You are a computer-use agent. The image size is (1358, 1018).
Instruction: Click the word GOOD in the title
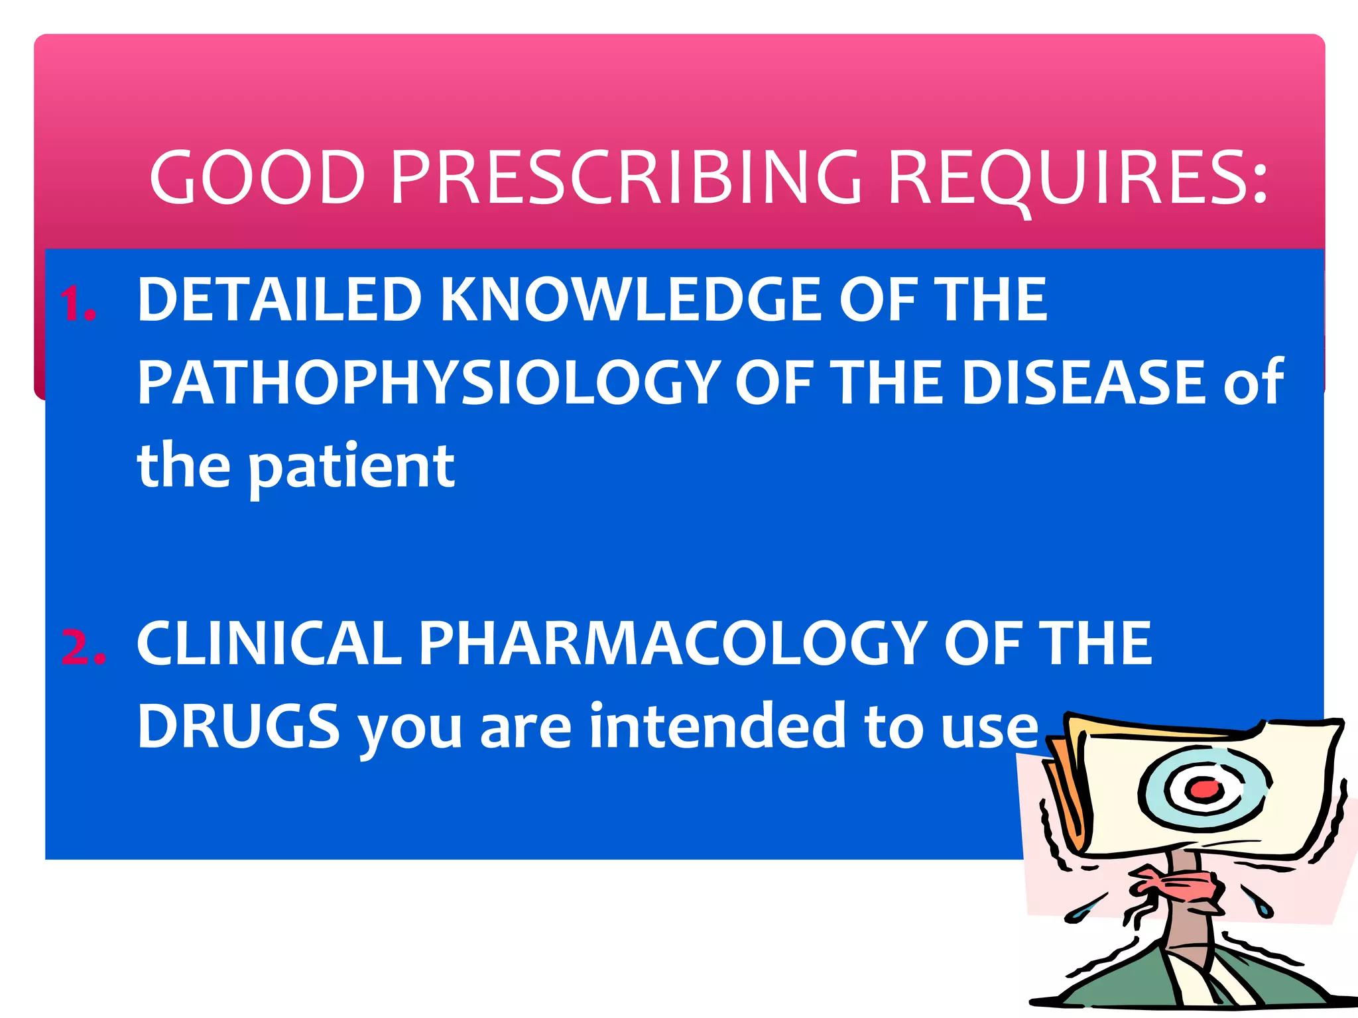click(x=257, y=177)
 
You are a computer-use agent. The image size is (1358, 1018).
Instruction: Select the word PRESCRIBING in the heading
click(x=626, y=177)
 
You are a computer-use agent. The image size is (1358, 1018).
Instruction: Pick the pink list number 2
click(x=82, y=646)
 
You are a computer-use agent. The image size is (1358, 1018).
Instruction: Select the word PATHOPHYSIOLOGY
click(x=428, y=383)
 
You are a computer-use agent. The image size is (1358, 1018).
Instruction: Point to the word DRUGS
click(x=239, y=726)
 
